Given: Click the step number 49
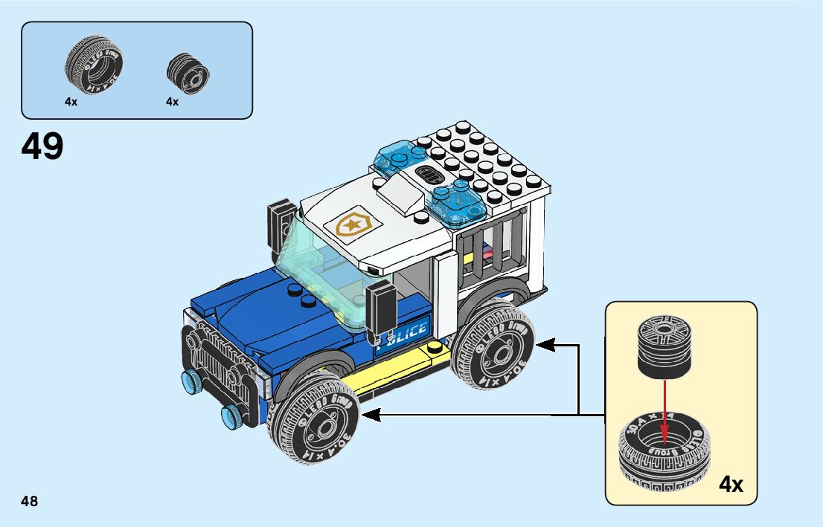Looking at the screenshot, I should pos(42,146).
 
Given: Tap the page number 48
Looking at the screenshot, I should pos(30,501).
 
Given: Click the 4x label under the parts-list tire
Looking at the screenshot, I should pos(71,102).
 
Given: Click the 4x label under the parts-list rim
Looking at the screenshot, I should pos(173,102).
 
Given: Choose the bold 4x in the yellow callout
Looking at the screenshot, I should pos(731,485).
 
